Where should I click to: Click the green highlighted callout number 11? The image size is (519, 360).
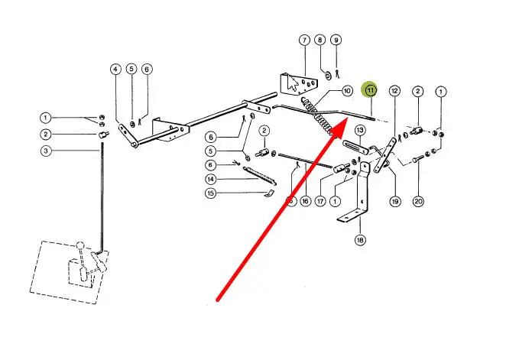(x=371, y=90)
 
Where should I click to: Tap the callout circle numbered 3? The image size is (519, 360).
(x=46, y=151)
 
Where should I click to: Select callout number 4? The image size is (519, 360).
(x=115, y=69)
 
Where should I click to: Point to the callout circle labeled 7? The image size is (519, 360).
(x=303, y=40)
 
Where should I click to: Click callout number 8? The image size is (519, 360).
(x=320, y=40)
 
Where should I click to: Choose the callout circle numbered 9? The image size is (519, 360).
(x=336, y=40)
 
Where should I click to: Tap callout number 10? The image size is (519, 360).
(x=347, y=90)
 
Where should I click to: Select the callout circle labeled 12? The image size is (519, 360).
(x=394, y=90)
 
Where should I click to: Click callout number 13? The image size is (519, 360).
(x=359, y=131)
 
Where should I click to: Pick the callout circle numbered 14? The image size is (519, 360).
(x=211, y=179)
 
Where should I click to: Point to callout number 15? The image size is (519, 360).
(x=211, y=193)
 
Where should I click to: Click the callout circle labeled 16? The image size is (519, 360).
(x=305, y=201)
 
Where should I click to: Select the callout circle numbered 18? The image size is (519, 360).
(x=360, y=240)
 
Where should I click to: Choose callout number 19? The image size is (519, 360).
(x=395, y=202)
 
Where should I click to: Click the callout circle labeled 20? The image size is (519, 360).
(x=418, y=202)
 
